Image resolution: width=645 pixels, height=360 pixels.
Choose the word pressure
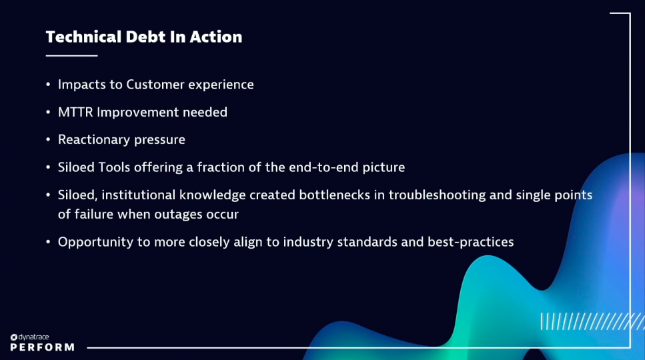(159, 140)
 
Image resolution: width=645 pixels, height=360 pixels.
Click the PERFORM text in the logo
(42, 347)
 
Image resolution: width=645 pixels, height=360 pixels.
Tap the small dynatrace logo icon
(13, 337)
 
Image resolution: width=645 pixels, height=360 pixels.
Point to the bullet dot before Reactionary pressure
(48, 140)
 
